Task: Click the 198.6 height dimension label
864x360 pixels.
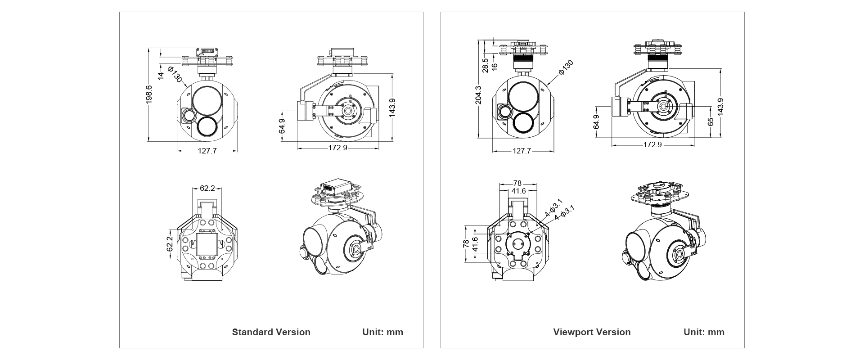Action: coord(149,94)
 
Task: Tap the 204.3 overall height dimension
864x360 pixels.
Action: coord(478,94)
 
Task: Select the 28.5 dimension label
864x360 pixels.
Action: coord(485,65)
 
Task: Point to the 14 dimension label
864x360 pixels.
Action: coord(161,76)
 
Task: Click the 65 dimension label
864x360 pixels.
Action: coord(711,122)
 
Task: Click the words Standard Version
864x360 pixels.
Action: coord(271,332)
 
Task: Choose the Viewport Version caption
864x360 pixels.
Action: coord(592,332)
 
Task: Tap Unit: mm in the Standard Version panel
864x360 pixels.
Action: coord(383,332)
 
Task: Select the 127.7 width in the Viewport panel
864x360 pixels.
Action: coord(522,151)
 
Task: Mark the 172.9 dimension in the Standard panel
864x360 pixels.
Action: coord(338,148)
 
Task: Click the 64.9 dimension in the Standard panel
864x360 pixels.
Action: coord(282,126)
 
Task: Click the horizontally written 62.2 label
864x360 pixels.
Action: coord(207,188)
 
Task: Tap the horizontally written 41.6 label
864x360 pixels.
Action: coord(518,191)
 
